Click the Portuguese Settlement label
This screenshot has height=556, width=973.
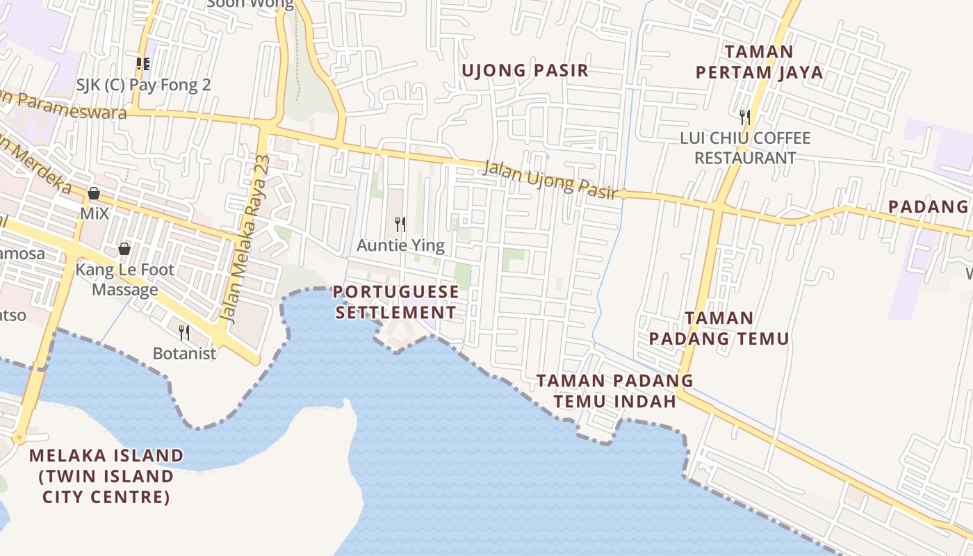point(396,302)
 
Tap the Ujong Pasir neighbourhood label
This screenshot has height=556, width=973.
point(525,70)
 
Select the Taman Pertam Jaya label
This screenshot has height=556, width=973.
point(759,62)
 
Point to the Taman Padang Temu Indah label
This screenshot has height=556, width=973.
point(615,391)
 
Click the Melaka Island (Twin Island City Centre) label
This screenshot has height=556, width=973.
point(106,476)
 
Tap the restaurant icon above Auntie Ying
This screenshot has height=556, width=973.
point(400,224)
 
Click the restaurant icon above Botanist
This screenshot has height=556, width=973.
point(184,333)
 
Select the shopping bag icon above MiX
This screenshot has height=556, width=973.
point(94,193)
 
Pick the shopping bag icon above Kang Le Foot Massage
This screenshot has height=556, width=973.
point(124,248)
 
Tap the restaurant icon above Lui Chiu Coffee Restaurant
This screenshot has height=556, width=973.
point(745,117)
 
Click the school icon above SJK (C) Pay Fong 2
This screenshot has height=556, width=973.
point(143,64)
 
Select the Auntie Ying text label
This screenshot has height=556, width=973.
point(400,245)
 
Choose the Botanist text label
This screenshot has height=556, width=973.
point(185,354)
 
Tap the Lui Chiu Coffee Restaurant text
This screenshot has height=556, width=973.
point(745,148)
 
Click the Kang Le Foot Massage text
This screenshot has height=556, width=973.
point(125,279)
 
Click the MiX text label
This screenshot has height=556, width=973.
point(95,213)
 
